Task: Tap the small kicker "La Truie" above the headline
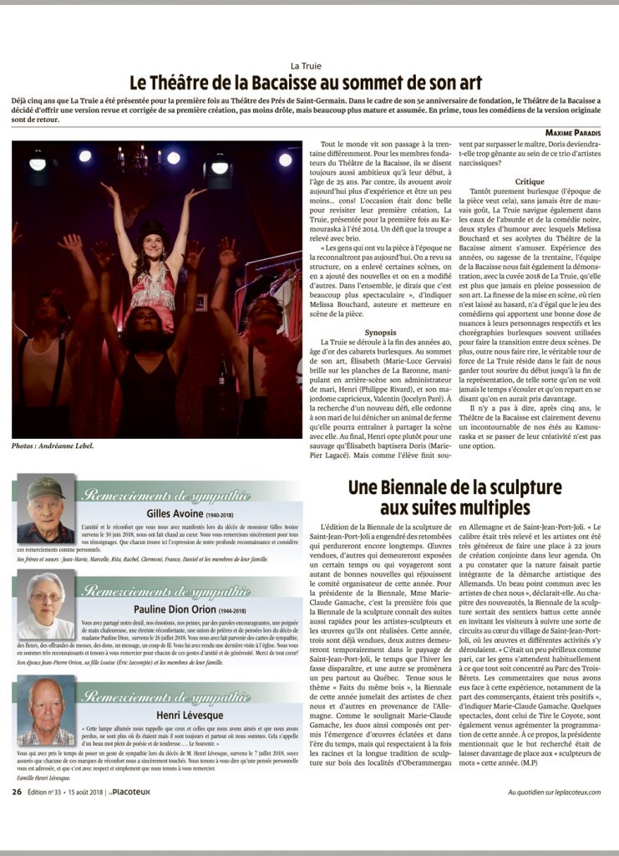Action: pyautogui.click(x=306, y=65)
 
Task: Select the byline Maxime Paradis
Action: pyautogui.click(x=576, y=133)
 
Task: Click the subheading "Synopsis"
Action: pyautogui.click(x=380, y=309)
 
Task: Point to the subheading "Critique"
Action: pyautogui.click(x=530, y=181)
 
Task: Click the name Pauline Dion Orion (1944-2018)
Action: pyautogui.click(x=187, y=609)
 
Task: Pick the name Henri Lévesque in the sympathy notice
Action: pyautogui.click(x=187, y=715)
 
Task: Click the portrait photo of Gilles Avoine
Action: pyautogui.click(x=46, y=511)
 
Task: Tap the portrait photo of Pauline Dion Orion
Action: pyautogui.click(x=46, y=606)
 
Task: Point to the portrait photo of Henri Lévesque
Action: pyautogui.click(x=46, y=711)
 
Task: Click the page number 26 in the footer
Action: pyautogui.click(x=17, y=792)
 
